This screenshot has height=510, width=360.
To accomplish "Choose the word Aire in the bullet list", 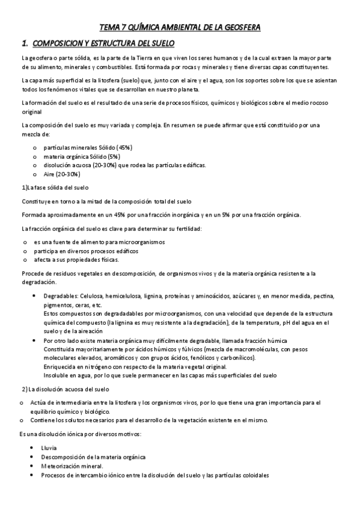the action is click(x=50, y=174).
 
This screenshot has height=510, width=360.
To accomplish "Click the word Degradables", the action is click(x=59, y=296).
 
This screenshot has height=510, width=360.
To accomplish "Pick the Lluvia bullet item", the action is click(x=50, y=448).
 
